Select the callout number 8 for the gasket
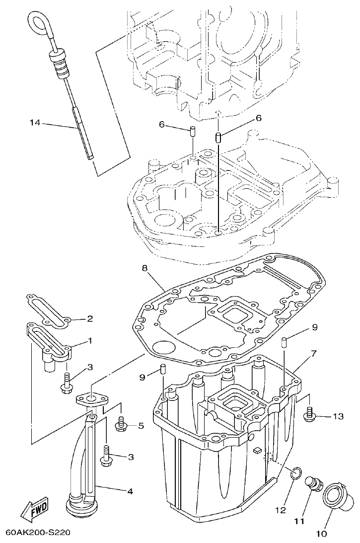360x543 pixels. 144,268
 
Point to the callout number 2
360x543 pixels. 90,318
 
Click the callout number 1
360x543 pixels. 90,341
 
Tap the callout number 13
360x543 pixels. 338,416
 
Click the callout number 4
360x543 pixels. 130,492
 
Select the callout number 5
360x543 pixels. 141,425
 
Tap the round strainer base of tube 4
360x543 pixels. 80,507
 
